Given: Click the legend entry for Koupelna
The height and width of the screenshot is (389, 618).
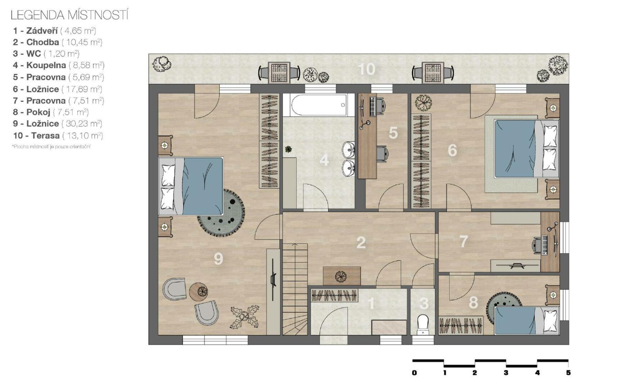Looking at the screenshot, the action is (59, 65).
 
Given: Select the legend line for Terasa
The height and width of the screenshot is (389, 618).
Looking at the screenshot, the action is (58, 136).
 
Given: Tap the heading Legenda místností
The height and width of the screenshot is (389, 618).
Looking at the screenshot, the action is (69, 15).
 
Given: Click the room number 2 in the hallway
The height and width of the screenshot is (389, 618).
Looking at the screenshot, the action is (361, 243).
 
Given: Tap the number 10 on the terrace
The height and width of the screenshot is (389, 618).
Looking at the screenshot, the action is (366, 69).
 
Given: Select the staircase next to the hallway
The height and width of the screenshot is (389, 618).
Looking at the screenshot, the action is (295, 289).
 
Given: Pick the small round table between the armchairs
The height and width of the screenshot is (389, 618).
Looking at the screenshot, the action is (199, 292).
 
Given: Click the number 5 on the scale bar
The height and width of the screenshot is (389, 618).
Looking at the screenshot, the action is (568, 373).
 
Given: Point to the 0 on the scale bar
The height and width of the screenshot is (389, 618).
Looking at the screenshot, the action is (414, 373).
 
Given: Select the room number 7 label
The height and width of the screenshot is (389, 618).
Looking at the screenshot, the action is (464, 241).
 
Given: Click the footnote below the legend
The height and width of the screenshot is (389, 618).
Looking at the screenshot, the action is (51, 147).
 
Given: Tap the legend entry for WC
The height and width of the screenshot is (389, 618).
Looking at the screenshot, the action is (46, 54).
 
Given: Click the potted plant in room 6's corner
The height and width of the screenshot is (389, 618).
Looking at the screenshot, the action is (423, 102).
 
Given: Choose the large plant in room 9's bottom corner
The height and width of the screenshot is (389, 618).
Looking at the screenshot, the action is (245, 317).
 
